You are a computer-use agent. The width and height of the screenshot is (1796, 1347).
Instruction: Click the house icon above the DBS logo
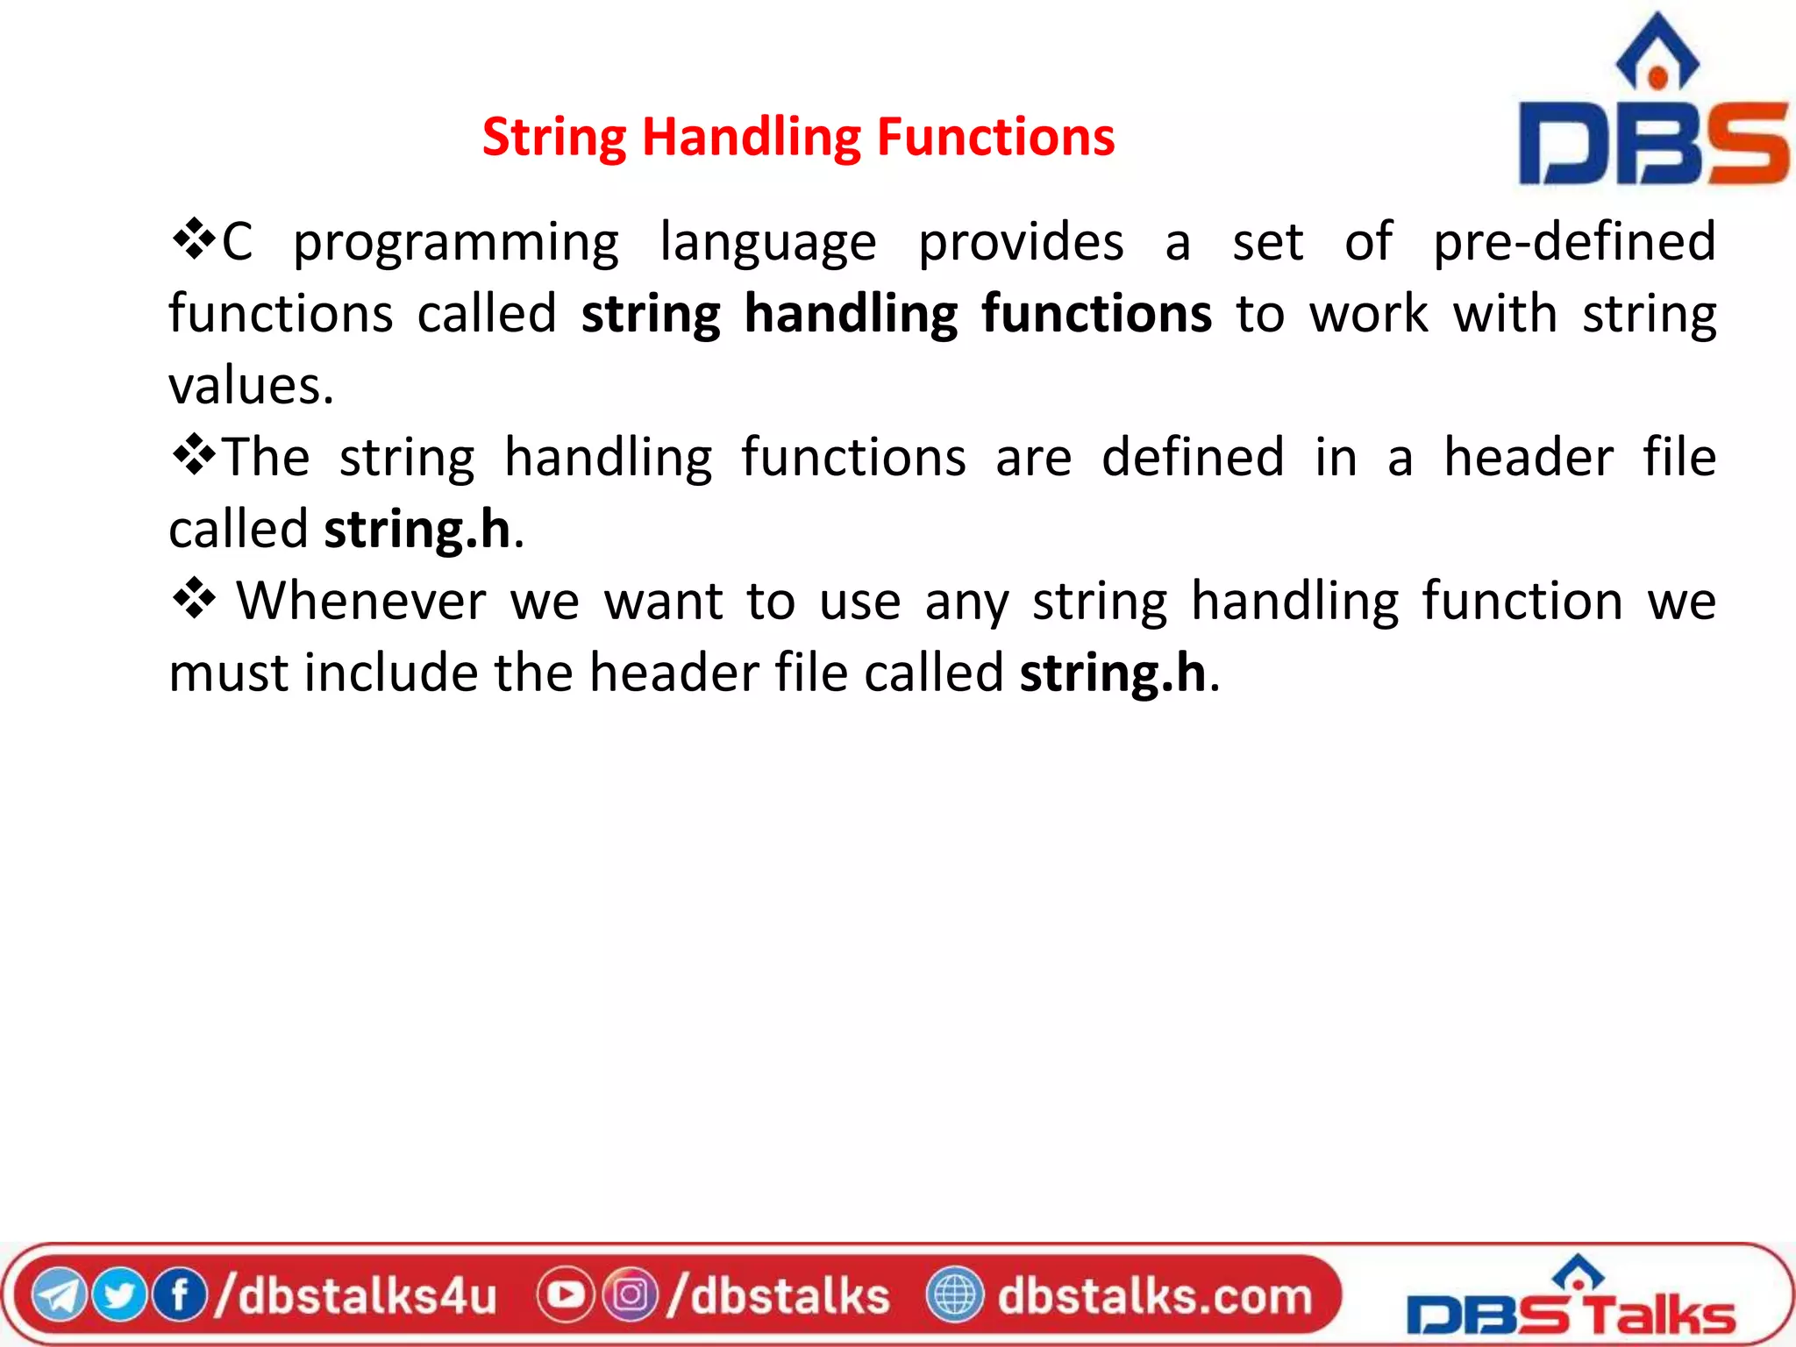pyautogui.click(x=1657, y=53)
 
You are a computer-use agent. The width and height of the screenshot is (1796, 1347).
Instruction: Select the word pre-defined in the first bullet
pyautogui.click(x=1574, y=242)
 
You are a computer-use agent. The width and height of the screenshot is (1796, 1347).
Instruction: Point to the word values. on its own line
pyautogui.click(x=252, y=386)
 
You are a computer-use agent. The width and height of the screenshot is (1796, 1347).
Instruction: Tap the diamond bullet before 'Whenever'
pyautogui.click(x=194, y=600)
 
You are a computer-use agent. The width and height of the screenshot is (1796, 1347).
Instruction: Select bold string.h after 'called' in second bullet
pyautogui.click(x=417, y=530)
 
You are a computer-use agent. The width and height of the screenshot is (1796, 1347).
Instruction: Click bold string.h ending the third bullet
pyautogui.click(x=1113, y=673)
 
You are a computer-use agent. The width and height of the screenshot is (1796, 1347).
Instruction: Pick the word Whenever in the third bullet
pyautogui.click(x=361, y=602)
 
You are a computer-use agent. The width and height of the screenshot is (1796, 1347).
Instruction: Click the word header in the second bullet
pyautogui.click(x=1528, y=458)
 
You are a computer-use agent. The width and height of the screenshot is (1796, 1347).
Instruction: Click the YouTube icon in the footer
pyautogui.click(x=565, y=1295)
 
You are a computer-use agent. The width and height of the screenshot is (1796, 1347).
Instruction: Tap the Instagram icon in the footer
pyautogui.click(x=630, y=1295)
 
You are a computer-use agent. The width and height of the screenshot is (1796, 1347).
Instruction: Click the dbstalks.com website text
pyautogui.click(x=1154, y=1295)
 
